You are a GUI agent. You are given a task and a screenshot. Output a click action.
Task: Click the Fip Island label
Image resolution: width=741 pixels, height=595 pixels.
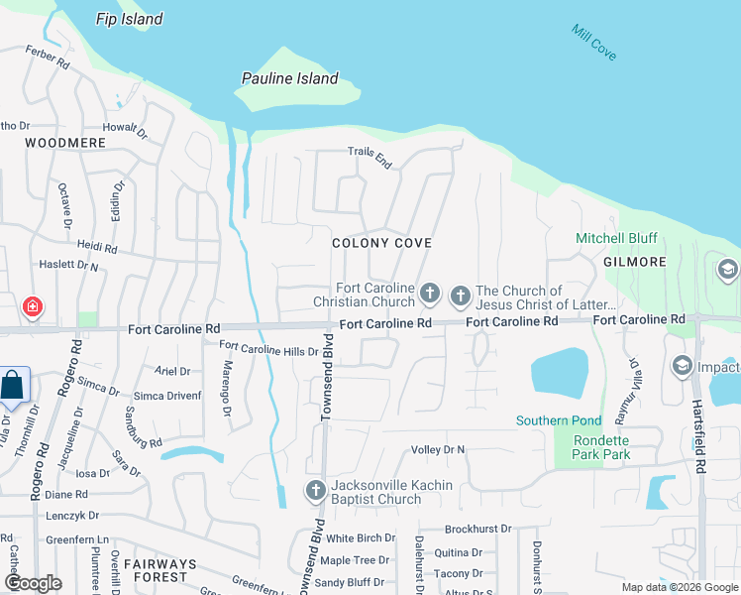(x=130, y=19)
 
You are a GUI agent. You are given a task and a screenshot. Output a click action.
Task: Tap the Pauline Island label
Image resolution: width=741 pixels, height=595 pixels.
(x=290, y=78)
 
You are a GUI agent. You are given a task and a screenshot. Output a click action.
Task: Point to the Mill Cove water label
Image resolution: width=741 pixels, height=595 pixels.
(x=594, y=43)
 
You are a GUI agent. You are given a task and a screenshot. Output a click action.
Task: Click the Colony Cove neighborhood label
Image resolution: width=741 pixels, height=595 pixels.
(x=381, y=243)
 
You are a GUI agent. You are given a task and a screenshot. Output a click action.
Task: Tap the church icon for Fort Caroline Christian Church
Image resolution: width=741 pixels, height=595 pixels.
(x=429, y=294)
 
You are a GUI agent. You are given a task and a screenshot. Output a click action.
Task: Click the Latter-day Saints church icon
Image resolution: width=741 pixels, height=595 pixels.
(x=460, y=295)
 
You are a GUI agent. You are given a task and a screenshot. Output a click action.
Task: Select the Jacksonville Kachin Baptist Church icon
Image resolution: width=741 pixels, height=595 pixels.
(x=315, y=490)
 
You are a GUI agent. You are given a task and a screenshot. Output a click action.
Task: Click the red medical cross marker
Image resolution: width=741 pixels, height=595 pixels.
(x=33, y=307)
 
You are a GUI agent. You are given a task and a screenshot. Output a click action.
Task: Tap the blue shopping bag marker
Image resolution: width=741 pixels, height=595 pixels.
(x=14, y=385)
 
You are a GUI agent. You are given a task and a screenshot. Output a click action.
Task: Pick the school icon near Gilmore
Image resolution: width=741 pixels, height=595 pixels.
(x=728, y=270)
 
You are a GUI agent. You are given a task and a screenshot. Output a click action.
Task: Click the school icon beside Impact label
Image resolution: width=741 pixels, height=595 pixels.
(x=682, y=366)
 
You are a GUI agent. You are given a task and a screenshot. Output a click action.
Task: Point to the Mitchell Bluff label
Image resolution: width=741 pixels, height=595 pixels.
(x=616, y=239)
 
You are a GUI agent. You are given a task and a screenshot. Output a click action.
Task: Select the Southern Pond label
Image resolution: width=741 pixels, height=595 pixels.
(x=558, y=420)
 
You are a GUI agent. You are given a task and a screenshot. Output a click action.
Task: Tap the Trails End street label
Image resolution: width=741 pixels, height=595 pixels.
(x=370, y=156)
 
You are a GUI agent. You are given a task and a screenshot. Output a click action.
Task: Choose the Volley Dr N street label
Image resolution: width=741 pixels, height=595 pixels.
(x=438, y=450)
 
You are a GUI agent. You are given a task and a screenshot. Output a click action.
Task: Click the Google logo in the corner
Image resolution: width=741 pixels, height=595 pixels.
(x=33, y=583)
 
